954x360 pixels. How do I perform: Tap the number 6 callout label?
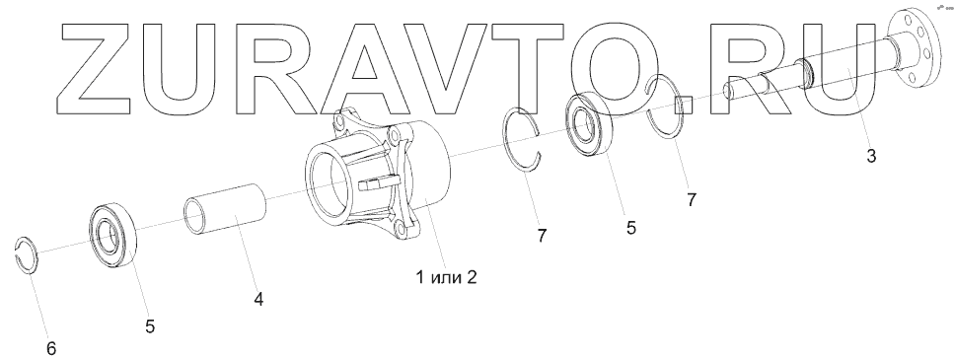click(51, 348)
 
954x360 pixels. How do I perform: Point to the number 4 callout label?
click(258, 299)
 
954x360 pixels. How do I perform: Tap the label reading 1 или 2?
click(446, 277)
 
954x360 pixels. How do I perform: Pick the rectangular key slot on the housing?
click(376, 183)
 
